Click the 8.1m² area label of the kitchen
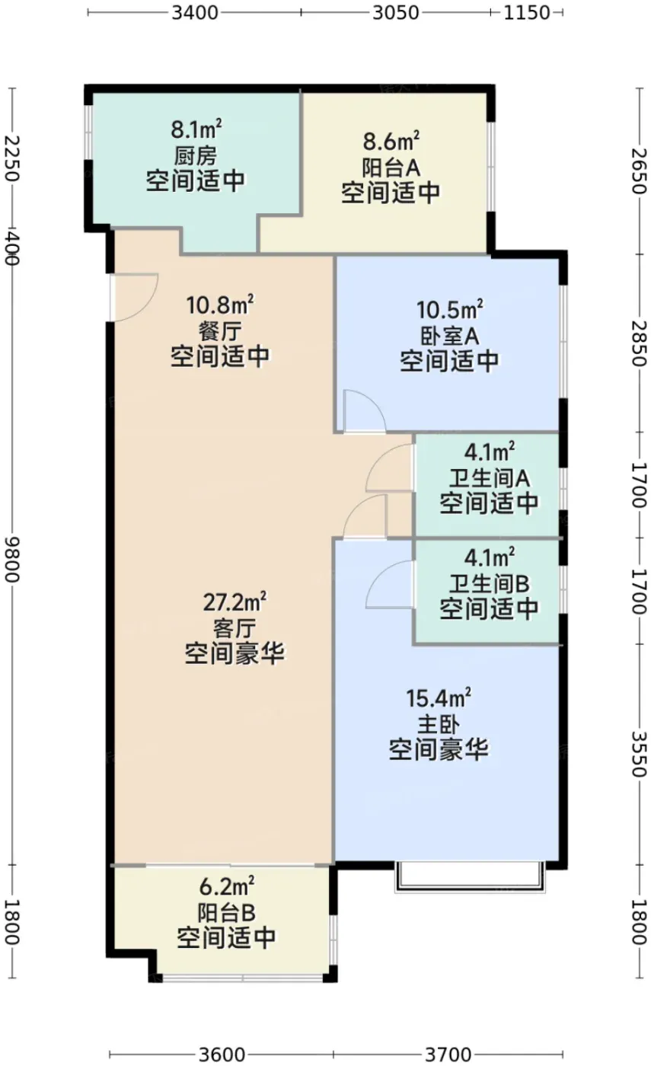(196, 129)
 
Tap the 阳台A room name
(391, 168)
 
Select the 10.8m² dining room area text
(220, 305)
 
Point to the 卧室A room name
(450, 336)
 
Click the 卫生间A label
(489, 478)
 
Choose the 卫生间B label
(489, 583)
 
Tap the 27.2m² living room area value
(235, 602)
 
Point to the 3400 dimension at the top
(195, 13)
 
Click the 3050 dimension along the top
(395, 13)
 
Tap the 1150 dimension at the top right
(526, 13)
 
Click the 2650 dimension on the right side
(639, 171)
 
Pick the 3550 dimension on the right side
(639, 753)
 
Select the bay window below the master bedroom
(469, 876)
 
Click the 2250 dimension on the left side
(11, 158)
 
